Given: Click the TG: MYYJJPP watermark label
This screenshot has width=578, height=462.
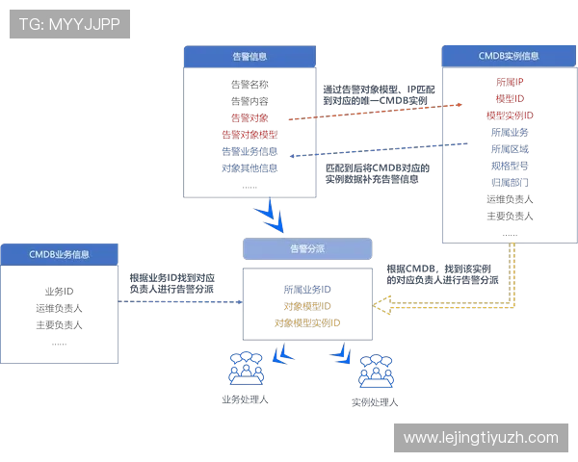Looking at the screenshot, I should point(69,24).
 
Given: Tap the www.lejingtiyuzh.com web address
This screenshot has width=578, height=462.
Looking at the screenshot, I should point(480,437).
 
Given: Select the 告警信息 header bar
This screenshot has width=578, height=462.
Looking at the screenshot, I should point(250,57).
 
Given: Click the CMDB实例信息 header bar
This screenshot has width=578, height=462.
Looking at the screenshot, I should point(508,55).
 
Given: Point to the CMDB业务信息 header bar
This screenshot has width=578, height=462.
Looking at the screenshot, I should point(59,254).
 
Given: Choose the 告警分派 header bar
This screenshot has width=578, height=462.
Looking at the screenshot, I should point(306,248).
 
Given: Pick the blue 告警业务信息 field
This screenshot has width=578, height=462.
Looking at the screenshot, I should point(250,152).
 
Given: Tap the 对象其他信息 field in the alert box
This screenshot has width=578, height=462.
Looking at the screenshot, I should point(250,168).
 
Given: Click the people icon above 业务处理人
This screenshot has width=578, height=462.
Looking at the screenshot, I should point(244,368).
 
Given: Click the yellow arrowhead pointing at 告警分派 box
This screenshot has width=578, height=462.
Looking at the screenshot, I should point(383,305).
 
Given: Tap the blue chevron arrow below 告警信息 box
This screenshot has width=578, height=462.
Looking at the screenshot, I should point(275,217).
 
